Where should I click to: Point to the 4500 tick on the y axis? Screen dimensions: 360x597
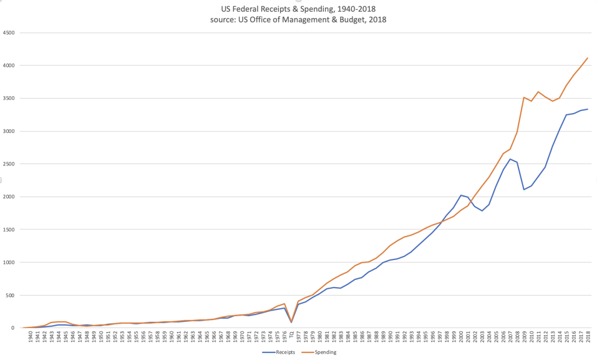click(9, 33)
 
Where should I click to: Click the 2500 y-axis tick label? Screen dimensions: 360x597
click(9, 164)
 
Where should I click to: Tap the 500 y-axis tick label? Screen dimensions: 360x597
click(10, 295)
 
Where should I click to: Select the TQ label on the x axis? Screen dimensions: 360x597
click(291, 335)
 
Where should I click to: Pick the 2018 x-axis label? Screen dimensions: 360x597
click(588, 338)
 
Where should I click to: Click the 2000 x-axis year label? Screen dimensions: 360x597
click(461, 338)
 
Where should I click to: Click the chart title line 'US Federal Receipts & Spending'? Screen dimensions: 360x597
click(298, 9)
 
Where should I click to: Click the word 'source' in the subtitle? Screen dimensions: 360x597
click(223, 20)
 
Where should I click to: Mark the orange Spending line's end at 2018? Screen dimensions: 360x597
click(588, 58)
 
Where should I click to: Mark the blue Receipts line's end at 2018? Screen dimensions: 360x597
click(588, 109)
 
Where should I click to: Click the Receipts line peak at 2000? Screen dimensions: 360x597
click(461, 195)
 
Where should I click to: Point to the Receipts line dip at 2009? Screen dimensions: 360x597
click(524, 189)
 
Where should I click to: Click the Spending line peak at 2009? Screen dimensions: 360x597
click(524, 97)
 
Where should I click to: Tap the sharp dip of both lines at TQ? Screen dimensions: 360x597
click(291, 322)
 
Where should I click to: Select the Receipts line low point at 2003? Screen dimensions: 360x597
click(482, 211)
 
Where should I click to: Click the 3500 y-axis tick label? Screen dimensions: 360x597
click(9, 99)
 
